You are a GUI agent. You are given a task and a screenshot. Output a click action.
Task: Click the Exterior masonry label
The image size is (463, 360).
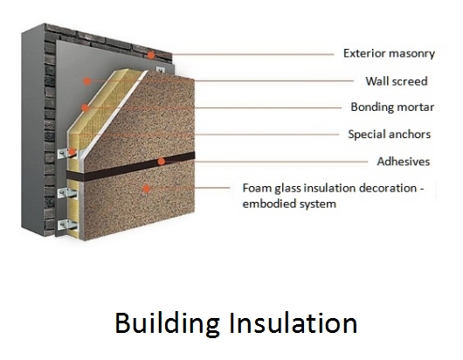coord(389,53)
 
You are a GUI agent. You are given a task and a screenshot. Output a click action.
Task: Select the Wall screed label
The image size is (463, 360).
coord(397,81)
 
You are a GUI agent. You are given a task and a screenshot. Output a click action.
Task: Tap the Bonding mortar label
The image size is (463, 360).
coord(392,107)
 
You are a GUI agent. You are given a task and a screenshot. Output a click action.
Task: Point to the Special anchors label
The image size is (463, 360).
coord(389,134)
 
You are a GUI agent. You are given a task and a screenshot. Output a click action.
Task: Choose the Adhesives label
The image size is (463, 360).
coord(404,162)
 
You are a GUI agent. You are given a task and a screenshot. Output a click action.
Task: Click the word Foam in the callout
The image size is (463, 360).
coord(257,188)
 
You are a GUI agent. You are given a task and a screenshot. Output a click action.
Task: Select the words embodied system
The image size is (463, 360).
coord(289,204)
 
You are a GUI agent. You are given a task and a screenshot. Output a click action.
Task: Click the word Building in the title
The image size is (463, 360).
coord(167,324)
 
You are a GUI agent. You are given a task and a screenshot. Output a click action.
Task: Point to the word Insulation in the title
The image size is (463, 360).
coord(294,322)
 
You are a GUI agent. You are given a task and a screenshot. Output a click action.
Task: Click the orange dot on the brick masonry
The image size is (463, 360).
coord(151,55)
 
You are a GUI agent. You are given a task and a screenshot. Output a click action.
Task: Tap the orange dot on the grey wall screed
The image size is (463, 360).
coord(86,81)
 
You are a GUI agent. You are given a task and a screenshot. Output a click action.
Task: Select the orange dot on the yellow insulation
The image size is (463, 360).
coord(85,107)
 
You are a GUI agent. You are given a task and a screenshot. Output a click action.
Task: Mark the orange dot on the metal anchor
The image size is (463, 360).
coord(72,151)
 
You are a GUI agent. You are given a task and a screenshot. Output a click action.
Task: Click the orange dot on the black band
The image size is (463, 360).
coord(161,162)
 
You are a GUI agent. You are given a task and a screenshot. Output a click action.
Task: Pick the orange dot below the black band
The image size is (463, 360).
coord(146,188)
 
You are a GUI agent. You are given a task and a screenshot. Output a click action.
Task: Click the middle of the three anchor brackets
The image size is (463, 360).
coord(67,193)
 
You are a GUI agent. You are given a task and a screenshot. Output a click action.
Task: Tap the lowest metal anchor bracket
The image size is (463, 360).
coord(67,225)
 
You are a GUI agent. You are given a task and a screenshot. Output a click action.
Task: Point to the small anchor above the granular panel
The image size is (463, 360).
coord(160,70)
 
